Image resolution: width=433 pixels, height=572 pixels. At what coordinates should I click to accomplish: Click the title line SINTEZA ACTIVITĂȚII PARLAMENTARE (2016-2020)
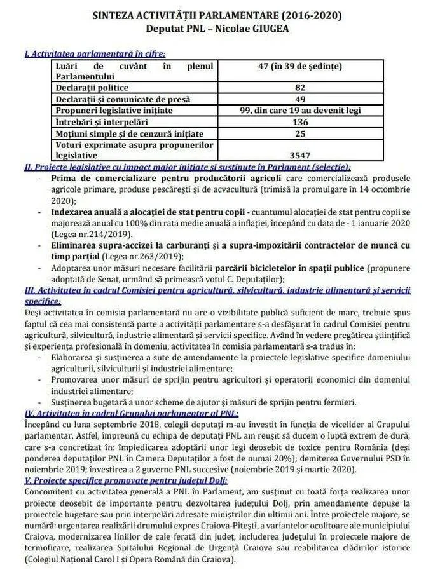[x=216, y=15]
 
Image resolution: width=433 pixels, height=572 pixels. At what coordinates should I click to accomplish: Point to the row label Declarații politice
[x=92, y=88]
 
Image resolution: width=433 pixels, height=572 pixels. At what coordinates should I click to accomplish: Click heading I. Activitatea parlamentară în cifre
[x=95, y=55]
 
